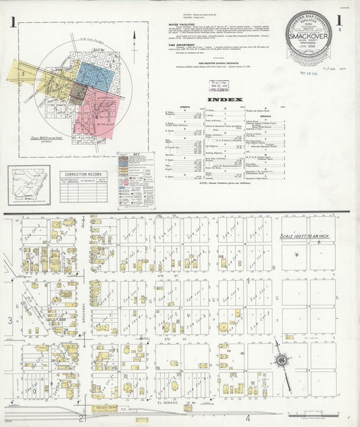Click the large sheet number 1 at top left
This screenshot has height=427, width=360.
click(x=13, y=21)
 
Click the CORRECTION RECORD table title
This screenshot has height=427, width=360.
click(x=83, y=174)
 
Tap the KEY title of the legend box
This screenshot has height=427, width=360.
click(x=135, y=156)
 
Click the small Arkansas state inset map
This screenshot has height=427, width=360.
click(x=29, y=185)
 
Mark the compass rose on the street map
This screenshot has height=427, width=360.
click(x=280, y=362)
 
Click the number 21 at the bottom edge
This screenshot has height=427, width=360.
click(x=83, y=420)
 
